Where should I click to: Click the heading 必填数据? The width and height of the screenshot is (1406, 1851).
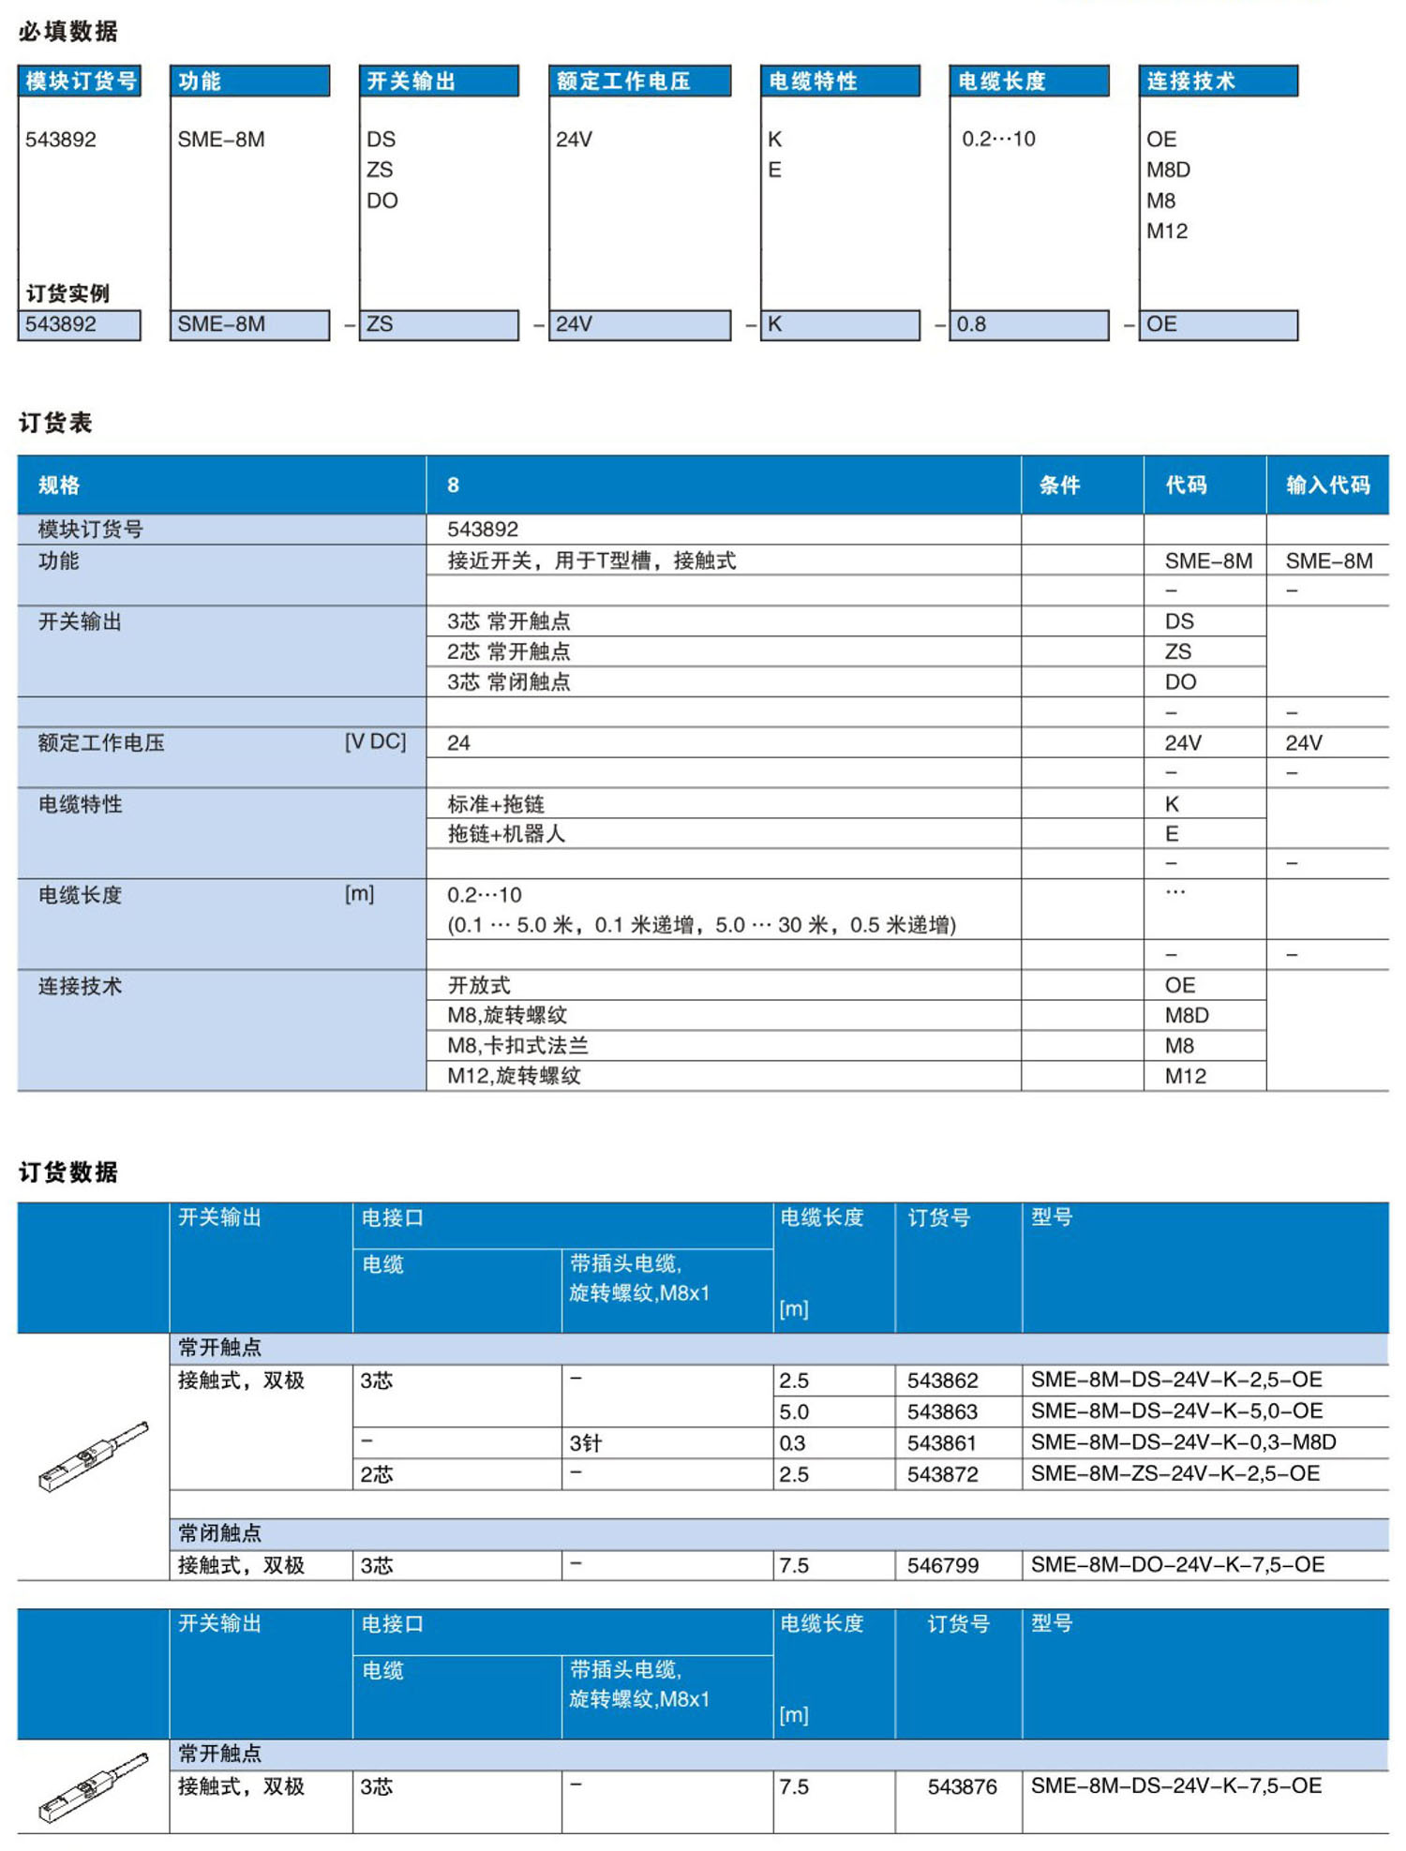point(67,32)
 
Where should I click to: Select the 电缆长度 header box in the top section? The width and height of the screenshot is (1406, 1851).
point(1028,82)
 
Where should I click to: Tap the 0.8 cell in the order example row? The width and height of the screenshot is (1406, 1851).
point(1028,324)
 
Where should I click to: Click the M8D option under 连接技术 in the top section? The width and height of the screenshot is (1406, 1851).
point(1168,170)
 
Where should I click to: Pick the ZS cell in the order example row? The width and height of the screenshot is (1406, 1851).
point(438,324)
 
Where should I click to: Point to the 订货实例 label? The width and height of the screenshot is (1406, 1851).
point(67,293)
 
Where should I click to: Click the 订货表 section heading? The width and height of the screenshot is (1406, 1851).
point(55,423)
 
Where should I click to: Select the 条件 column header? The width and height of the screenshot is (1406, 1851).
point(1059,485)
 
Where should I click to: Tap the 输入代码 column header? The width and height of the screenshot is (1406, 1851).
point(1327,485)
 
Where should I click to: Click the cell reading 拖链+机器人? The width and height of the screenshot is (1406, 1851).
point(506,834)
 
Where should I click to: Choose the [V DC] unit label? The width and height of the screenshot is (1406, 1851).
point(375,742)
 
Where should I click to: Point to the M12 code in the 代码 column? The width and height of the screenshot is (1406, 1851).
point(1185,1076)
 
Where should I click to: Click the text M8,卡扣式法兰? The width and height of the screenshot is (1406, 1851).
point(517,1045)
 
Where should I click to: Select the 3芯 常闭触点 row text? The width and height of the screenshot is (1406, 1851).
point(508,682)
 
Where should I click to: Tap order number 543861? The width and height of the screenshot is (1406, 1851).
point(941,1443)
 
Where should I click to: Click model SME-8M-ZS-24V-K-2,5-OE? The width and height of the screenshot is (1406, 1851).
point(1174,1473)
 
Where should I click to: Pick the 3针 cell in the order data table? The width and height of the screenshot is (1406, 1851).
point(585,1443)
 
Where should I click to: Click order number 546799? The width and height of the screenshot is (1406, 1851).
point(942,1565)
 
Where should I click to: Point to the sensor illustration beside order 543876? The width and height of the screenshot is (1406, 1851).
point(93,1786)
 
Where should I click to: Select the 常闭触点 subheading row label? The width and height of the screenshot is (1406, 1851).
point(220,1533)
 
